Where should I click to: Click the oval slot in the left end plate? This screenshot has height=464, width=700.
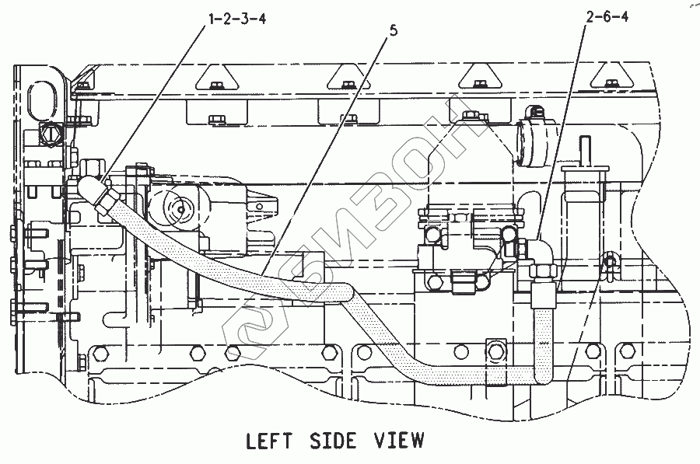[x=41, y=100]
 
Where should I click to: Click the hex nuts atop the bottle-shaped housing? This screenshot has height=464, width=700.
[x=470, y=117]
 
